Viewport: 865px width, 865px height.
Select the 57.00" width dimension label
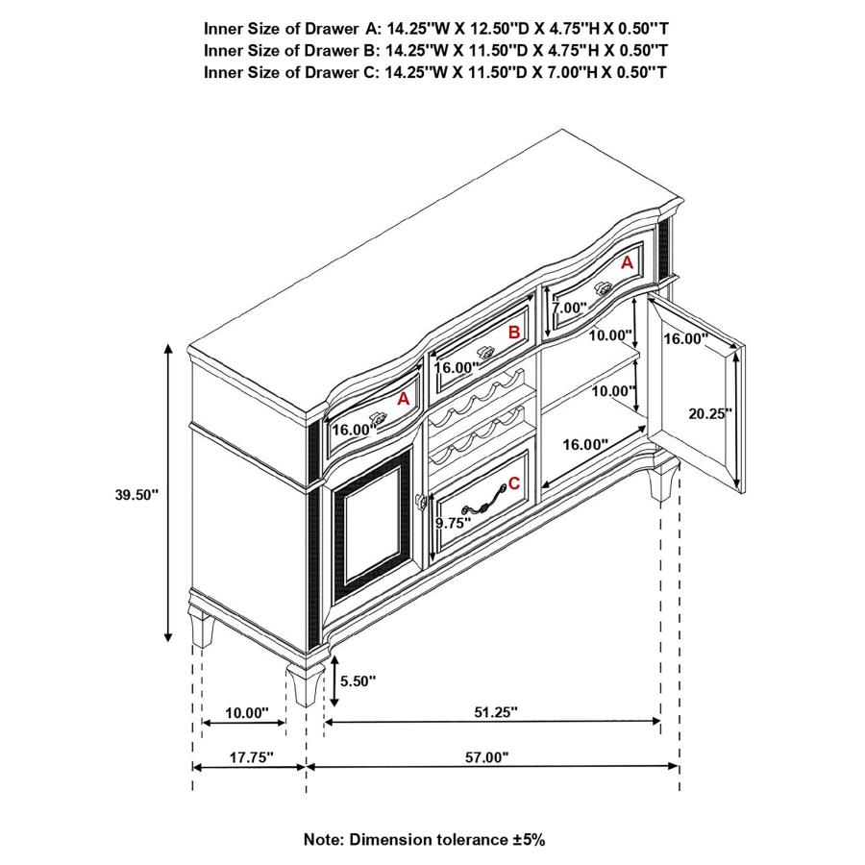(x=486, y=757)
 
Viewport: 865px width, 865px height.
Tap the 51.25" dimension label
(x=496, y=712)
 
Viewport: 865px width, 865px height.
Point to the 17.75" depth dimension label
(x=252, y=757)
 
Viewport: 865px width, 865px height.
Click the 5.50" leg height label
(x=359, y=680)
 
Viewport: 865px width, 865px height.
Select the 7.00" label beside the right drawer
(x=569, y=309)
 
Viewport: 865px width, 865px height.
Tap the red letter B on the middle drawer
(x=514, y=333)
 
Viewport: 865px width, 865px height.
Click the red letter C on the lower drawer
(x=514, y=483)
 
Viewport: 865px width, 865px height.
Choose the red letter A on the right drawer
(x=627, y=261)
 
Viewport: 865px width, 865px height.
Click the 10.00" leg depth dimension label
(x=246, y=712)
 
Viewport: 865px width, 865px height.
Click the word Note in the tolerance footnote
(x=324, y=839)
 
